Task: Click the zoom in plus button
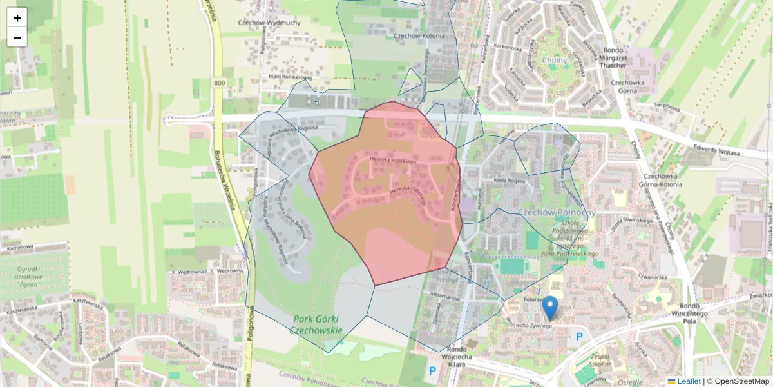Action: (x=17, y=18)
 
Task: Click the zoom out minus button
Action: (x=17, y=37)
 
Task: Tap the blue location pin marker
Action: (x=549, y=308)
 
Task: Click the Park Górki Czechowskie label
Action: (x=316, y=324)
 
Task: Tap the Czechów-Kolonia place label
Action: (x=419, y=36)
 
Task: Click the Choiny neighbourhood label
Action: (x=555, y=61)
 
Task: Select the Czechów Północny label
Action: (x=557, y=212)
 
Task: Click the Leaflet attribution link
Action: (x=689, y=381)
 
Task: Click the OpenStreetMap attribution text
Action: (x=741, y=381)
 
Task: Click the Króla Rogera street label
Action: (x=509, y=181)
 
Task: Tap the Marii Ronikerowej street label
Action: (x=290, y=77)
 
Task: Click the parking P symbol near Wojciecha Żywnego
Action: (x=580, y=336)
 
